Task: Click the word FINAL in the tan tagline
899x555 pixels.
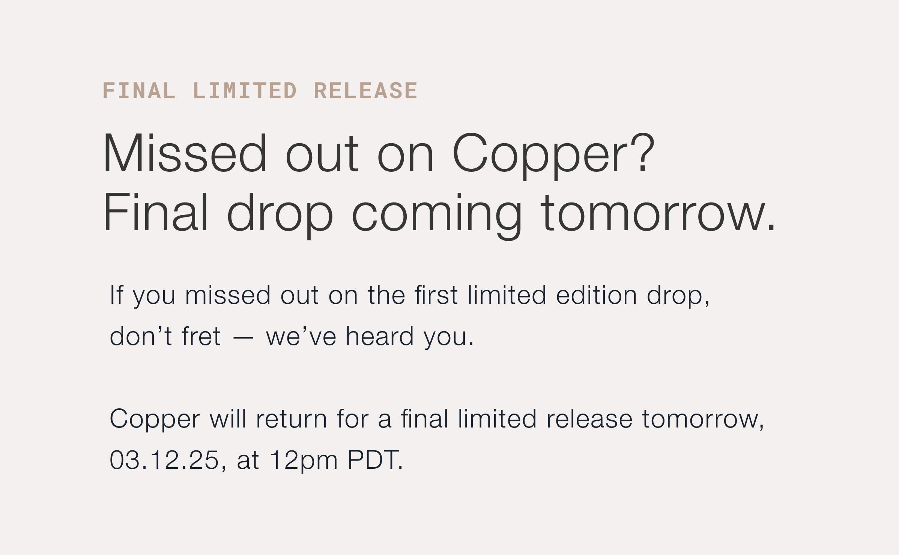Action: click(139, 91)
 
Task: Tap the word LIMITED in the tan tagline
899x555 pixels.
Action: click(245, 91)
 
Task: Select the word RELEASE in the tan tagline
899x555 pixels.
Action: click(365, 91)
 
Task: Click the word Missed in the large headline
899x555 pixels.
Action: click(185, 153)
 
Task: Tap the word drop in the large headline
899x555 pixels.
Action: click(280, 216)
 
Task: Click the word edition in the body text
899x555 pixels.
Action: click(596, 295)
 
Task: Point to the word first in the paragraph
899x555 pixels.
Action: click(436, 295)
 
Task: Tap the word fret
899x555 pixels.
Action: click(201, 336)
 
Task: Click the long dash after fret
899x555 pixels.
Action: click(243, 338)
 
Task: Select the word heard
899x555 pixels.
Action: click(379, 336)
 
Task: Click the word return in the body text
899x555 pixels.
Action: click(292, 418)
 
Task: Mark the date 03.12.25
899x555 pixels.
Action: click(164, 460)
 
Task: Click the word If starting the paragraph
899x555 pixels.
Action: click(116, 295)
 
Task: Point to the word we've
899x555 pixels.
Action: click(301, 336)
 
